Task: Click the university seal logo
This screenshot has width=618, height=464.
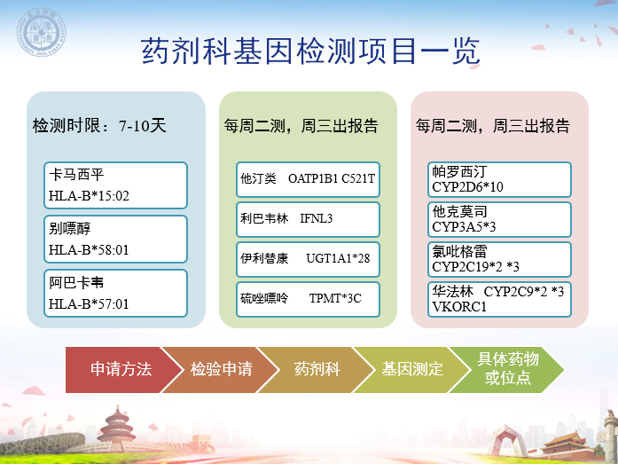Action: pos(41,32)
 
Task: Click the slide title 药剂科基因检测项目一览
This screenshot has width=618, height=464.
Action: pos(310,51)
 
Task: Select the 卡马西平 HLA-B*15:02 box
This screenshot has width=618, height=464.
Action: pos(115,185)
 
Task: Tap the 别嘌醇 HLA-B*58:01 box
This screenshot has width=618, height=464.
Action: pos(115,240)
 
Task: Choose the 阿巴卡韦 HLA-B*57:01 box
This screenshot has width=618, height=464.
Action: pos(115,294)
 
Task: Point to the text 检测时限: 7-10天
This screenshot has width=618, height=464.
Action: pos(99,126)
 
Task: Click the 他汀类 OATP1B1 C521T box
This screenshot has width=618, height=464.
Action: pos(308,179)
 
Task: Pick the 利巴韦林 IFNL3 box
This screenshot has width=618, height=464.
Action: pos(308,220)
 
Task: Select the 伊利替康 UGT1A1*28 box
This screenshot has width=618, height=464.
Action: pos(308,259)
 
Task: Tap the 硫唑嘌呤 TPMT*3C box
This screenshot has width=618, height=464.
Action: pos(308,299)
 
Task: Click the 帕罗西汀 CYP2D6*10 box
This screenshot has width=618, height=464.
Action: pos(499,179)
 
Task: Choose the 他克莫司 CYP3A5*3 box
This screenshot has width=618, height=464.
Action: pos(499,220)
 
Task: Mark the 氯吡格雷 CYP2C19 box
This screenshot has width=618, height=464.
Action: pos(499,259)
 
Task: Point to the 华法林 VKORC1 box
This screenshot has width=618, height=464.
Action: pos(499,299)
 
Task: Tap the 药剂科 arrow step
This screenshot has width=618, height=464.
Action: pos(317,370)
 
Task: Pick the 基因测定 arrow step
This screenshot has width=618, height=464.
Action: pos(412,370)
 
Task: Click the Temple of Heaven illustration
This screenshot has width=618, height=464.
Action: pos(117,429)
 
